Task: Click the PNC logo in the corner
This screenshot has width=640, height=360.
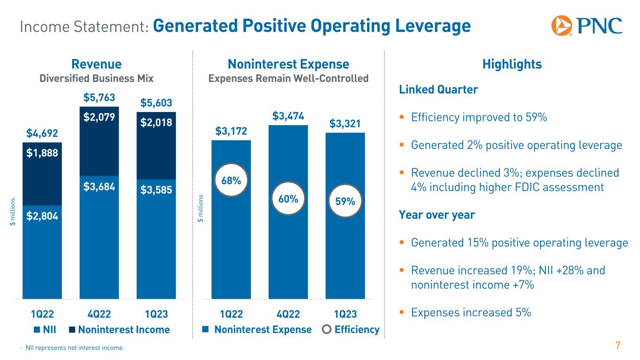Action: click(x=587, y=25)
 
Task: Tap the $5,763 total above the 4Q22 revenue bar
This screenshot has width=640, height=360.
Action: click(x=99, y=98)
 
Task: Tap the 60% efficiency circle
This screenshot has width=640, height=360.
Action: click(x=287, y=199)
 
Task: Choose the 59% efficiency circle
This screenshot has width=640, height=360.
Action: click(x=345, y=202)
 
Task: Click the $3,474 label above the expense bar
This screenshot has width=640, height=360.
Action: click(x=287, y=116)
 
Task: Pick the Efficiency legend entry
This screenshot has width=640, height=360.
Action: click(x=351, y=330)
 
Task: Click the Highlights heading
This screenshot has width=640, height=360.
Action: click(x=512, y=64)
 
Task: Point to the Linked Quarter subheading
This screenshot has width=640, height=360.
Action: click(x=438, y=90)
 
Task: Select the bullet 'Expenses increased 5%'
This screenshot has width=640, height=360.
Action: click(x=471, y=312)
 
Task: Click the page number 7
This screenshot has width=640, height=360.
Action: click(x=618, y=346)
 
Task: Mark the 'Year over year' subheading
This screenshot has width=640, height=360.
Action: click(x=437, y=215)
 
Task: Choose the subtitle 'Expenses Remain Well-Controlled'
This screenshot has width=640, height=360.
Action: click(x=288, y=78)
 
